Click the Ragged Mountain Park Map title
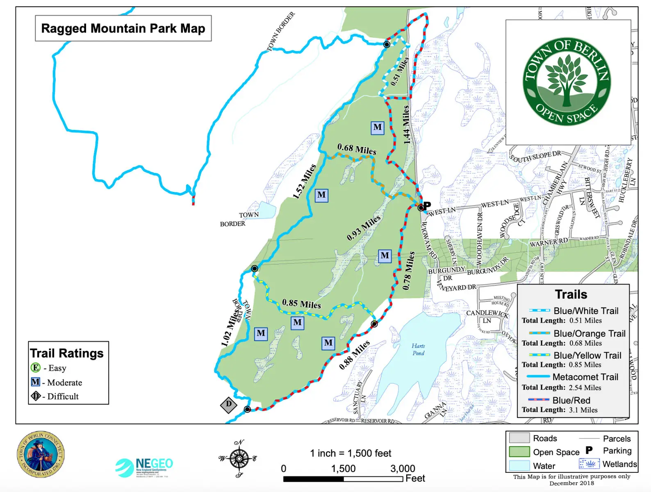[x=123, y=28]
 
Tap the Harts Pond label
[x=418, y=349]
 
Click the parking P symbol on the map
[x=427, y=205]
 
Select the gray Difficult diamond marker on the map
[x=229, y=405]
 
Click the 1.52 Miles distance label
[x=304, y=182]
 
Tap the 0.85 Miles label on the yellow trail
[x=301, y=304]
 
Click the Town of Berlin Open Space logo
[x=567, y=82]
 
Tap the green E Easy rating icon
[x=36, y=368]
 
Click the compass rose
[x=239, y=458]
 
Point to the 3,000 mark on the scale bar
[x=403, y=469]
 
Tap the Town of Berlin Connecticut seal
[x=41, y=454]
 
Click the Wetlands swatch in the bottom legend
[x=589, y=464]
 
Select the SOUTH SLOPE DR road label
[x=535, y=156]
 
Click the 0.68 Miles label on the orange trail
[x=357, y=149]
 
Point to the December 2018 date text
[x=571, y=483]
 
